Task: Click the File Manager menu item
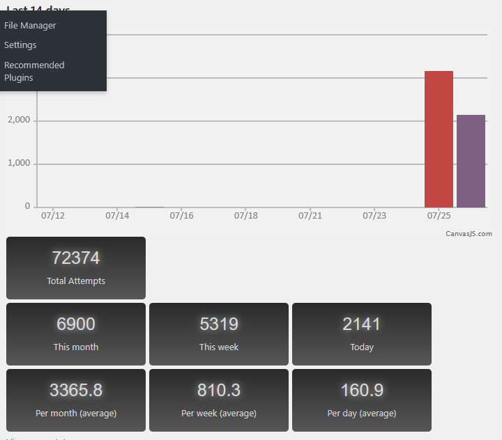pyautogui.click(x=30, y=26)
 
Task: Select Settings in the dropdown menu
pyautogui.click(x=20, y=45)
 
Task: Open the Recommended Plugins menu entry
pyautogui.click(x=34, y=71)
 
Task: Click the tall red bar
pyautogui.click(x=439, y=139)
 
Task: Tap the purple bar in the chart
pyautogui.click(x=471, y=161)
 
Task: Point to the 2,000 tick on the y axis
pyautogui.click(x=18, y=120)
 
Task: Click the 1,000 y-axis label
pyautogui.click(x=18, y=164)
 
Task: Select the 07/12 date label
pyautogui.click(x=53, y=216)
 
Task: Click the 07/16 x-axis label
pyautogui.click(x=181, y=216)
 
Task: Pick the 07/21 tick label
pyautogui.click(x=310, y=216)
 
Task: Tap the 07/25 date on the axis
pyautogui.click(x=439, y=216)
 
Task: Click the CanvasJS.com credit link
pyautogui.click(x=469, y=234)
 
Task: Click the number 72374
pyautogui.click(x=76, y=258)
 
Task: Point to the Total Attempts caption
pyautogui.click(x=76, y=281)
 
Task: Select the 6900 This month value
pyautogui.click(x=76, y=324)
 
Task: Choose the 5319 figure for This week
pyautogui.click(x=219, y=324)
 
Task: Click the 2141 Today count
pyautogui.click(x=362, y=324)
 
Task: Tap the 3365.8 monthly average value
pyautogui.click(x=76, y=390)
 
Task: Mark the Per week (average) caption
pyautogui.click(x=219, y=414)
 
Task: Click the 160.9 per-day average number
pyautogui.click(x=362, y=390)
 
